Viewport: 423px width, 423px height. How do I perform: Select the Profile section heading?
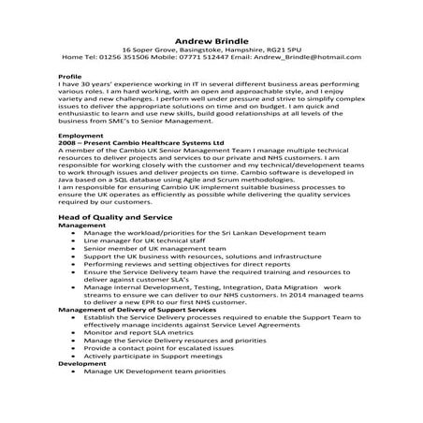click(x=70, y=75)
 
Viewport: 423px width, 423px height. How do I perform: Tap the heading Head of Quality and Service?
click(x=118, y=218)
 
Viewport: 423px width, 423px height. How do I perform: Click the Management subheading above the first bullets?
click(x=82, y=226)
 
